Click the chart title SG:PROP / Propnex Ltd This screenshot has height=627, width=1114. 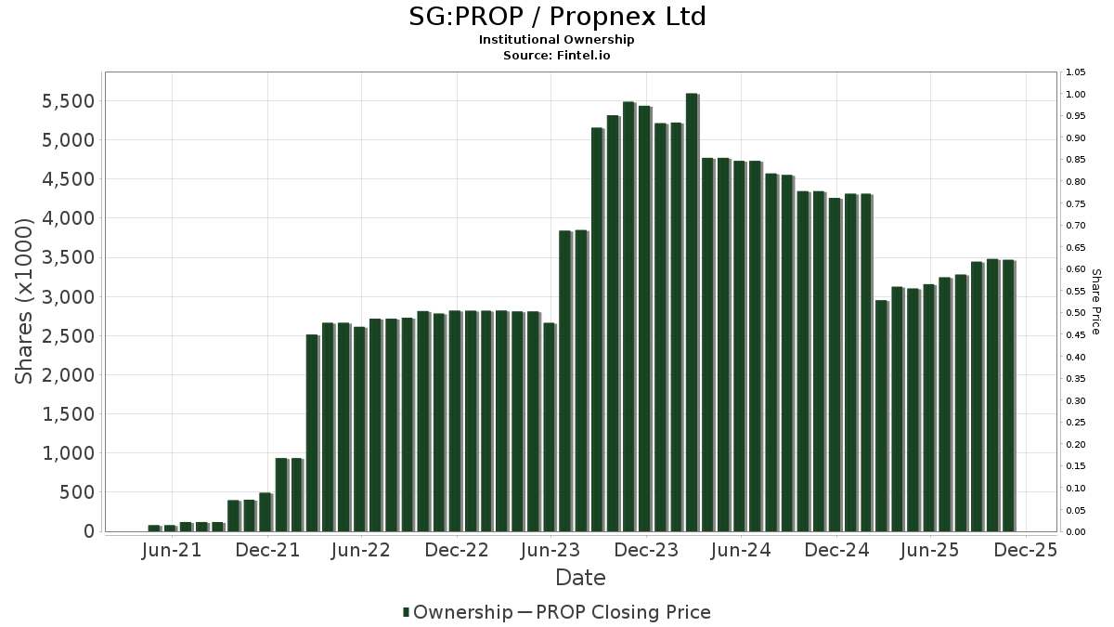click(557, 17)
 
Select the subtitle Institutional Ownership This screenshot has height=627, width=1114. click(557, 40)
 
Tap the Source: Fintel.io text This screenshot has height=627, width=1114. click(557, 56)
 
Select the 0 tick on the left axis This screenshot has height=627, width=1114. click(89, 531)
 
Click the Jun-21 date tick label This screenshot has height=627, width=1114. click(172, 551)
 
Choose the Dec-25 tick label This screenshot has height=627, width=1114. click(1026, 551)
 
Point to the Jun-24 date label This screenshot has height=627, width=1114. click(741, 551)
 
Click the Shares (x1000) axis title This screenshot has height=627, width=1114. click(25, 301)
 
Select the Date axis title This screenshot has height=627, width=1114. click(580, 578)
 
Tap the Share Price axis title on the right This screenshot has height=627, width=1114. click(1095, 301)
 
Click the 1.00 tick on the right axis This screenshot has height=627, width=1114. click(1076, 94)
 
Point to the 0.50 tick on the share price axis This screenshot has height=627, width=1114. click(1076, 313)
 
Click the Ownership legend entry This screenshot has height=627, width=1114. click(458, 612)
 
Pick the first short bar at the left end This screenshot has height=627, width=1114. click(154, 528)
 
